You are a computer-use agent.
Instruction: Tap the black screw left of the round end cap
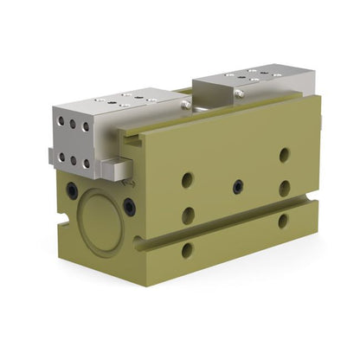tap(71, 189)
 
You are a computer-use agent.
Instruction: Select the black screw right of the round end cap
tap(129, 206)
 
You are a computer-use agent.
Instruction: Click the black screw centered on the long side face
tap(237, 185)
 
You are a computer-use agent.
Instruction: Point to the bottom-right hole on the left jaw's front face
tap(87, 163)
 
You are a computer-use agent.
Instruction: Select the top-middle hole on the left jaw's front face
tap(74, 125)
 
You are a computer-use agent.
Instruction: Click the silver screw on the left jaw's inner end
tap(185, 105)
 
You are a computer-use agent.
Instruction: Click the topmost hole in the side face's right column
tap(284, 155)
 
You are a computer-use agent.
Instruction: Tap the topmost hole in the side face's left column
tap(187, 180)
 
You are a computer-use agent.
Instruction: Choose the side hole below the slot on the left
tap(187, 250)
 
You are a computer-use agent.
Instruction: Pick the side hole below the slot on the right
tap(283, 221)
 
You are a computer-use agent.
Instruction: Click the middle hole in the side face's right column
tap(284, 188)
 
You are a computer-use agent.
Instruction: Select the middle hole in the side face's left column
tap(188, 215)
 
